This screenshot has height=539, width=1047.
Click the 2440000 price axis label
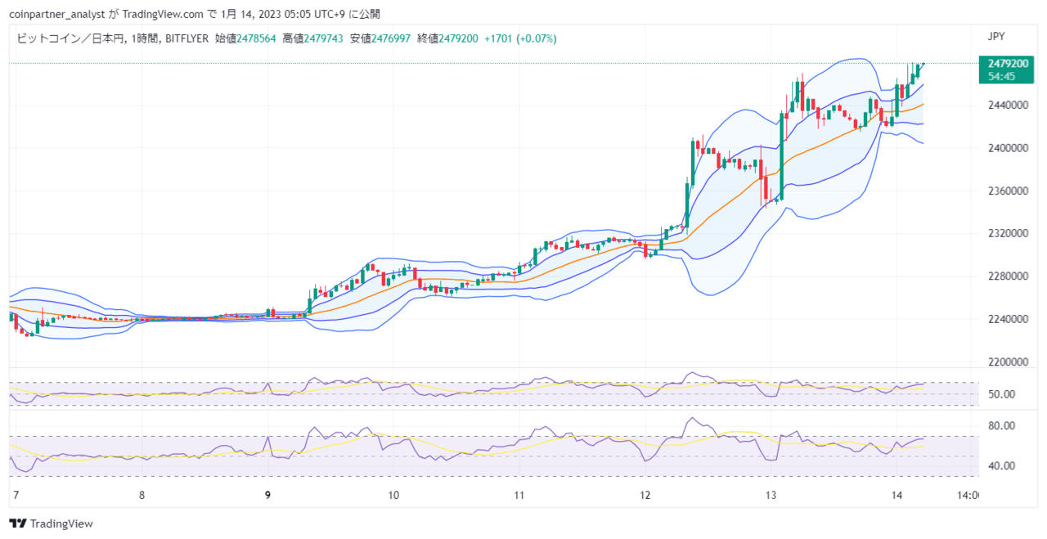pos(1008,106)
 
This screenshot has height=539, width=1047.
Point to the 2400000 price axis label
pos(1008,148)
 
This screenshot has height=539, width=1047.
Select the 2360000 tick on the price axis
pos(1008,191)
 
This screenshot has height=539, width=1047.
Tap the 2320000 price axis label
pos(1008,233)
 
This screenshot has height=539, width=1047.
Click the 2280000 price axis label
pos(1008,276)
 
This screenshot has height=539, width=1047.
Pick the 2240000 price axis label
pos(1008,319)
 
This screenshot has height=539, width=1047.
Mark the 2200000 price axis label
pos(1008,362)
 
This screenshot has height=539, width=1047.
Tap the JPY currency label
pos(996,37)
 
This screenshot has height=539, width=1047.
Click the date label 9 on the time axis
pos(267,495)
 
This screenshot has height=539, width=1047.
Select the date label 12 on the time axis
pos(645,495)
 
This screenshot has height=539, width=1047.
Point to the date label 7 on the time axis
pos(16,495)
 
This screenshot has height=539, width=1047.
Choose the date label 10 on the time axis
pos(393,495)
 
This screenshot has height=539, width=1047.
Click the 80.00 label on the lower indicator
pos(1001,426)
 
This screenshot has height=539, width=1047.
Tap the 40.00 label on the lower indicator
pos(1001,466)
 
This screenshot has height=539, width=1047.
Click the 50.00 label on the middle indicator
pos(1001,394)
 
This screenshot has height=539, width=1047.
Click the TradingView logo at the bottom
pos(51,523)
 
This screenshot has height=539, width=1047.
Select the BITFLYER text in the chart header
pos(187,38)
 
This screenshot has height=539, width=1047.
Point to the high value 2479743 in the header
pos(323,38)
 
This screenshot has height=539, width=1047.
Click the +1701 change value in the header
pos(498,38)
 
